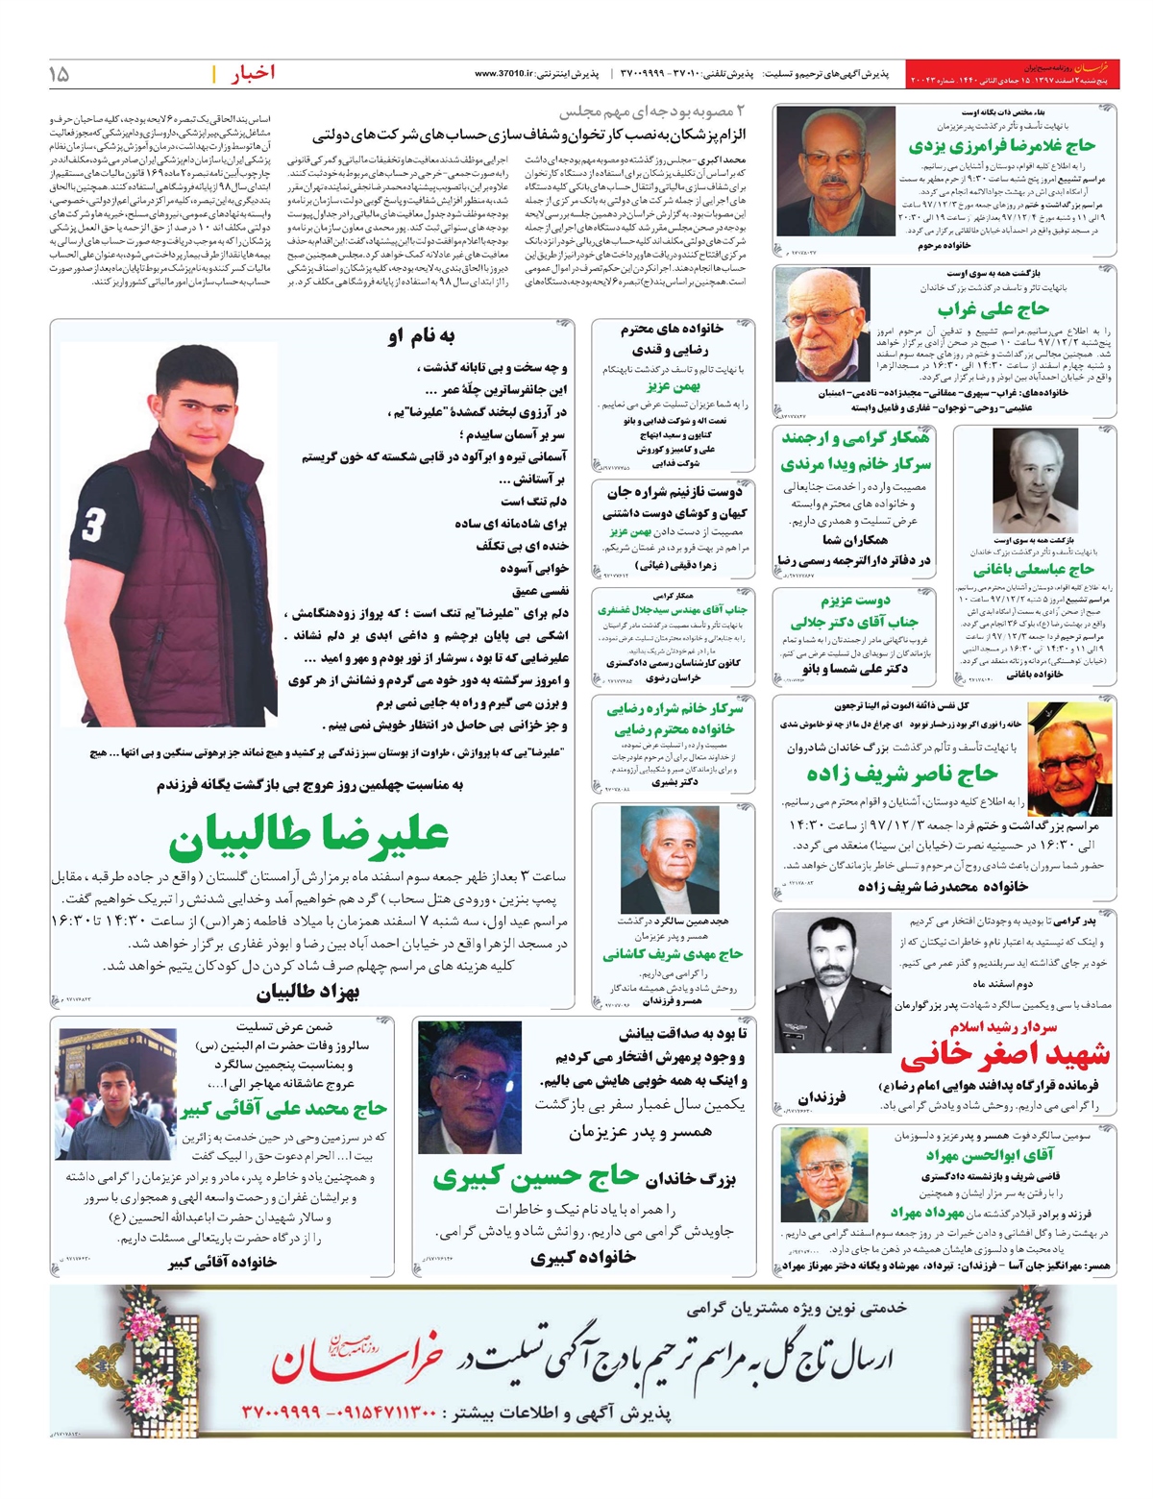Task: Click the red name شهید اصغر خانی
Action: click(1004, 1055)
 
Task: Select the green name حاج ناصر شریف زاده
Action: click(902, 774)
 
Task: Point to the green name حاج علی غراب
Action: click(994, 309)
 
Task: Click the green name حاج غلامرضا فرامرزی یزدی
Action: click(1001, 146)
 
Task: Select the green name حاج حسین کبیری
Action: click(535, 1176)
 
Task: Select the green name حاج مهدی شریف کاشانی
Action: click(673, 954)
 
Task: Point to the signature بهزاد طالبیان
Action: click(307, 992)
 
